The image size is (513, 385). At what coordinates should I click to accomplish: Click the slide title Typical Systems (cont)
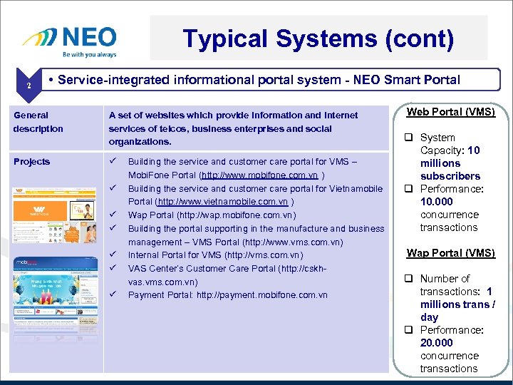point(318,38)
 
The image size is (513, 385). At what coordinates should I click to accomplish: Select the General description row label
point(38,122)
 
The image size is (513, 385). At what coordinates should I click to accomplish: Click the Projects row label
point(31,162)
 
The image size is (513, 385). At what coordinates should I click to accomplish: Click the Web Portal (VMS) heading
point(450,112)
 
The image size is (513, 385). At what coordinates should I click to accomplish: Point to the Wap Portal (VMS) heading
point(450,253)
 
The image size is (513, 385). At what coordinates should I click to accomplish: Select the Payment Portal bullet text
point(227,295)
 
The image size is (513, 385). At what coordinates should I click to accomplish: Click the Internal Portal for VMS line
point(215,255)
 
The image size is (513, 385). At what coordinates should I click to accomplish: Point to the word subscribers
point(450,176)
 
